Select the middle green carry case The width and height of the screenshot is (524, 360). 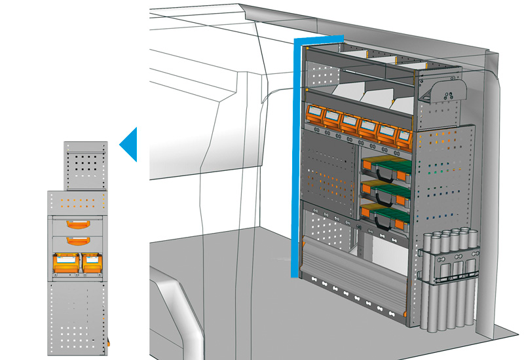385,190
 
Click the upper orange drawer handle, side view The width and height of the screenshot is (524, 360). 78,224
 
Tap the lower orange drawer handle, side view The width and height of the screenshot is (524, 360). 78,240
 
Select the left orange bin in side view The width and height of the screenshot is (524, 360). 65,264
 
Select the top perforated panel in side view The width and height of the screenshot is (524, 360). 84,164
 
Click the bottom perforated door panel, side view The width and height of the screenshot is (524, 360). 77,317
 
